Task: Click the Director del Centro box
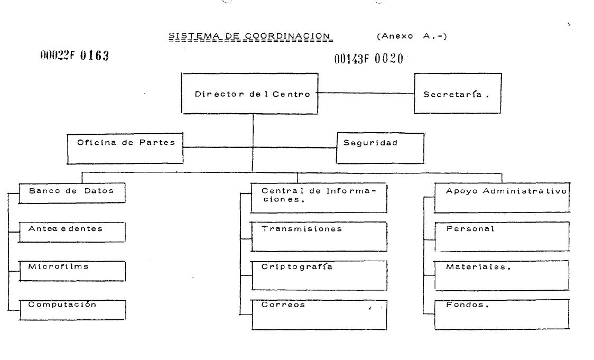pos(249,94)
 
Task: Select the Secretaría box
pos(457,94)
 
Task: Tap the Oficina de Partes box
pos(125,148)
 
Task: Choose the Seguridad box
pos(380,147)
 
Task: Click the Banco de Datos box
pos(72,193)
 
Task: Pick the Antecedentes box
pos(72,232)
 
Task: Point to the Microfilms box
pos(72,270)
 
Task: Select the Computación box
pos(72,309)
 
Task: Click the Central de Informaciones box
pos(319,198)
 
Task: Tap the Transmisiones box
pos(319,236)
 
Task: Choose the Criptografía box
pos(319,275)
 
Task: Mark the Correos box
pos(319,314)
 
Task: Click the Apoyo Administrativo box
pos(502,198)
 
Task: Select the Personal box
pos(502,236)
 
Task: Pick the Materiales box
pos(502,275)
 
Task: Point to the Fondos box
pos(502,314)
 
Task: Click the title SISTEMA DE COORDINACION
pos(249,36)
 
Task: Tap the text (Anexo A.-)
pos(412,36)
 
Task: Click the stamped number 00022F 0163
pos(75,56)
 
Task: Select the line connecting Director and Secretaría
pos(366,93)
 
